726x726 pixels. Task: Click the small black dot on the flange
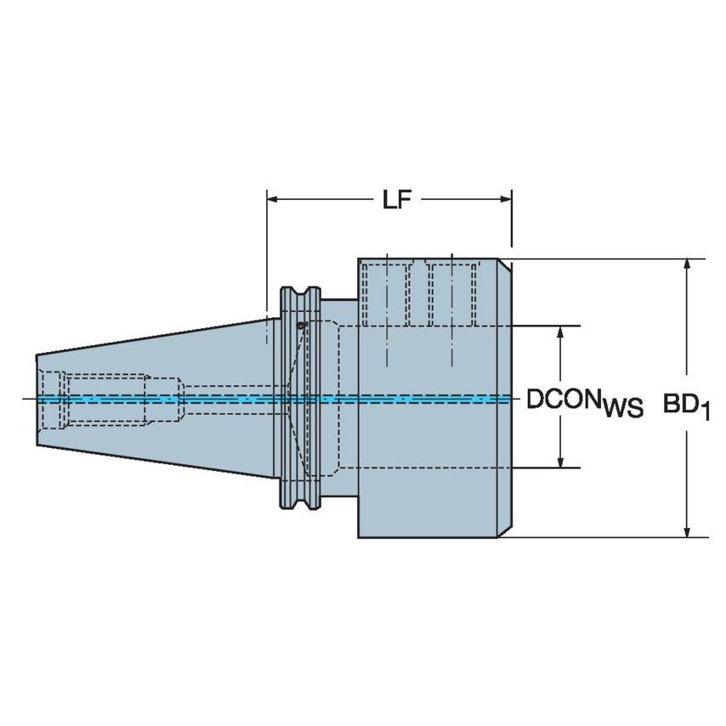301,325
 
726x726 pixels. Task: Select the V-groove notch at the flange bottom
301,507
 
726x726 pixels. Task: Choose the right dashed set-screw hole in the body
451,294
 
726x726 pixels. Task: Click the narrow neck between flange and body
340,400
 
